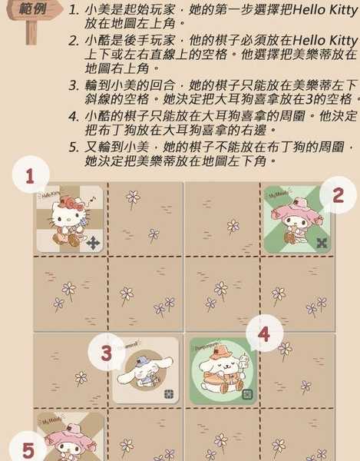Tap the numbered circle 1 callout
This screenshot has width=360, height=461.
pyautogui.click(x=31, y=177)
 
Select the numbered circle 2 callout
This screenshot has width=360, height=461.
pyautogui.click(x=337, y=197)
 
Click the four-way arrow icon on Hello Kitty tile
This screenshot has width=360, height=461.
pyautogui.click(x=93, y=243)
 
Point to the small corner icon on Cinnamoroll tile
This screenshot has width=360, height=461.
pyautogui.click(x=170, y=394)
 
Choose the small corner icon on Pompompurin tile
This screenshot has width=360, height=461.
pyautogui.click(x=247, y=394)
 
